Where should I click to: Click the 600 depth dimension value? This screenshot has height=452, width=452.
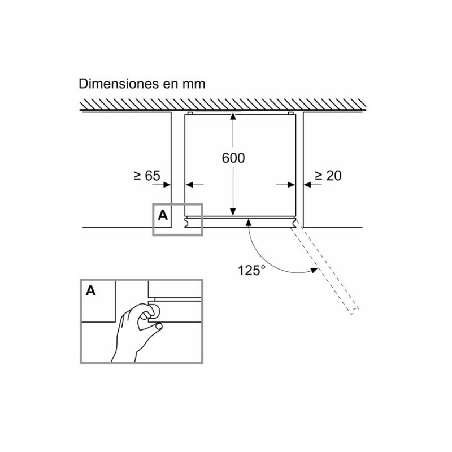tap(233, 158)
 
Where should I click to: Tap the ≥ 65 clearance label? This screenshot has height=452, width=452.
tap(146, 176)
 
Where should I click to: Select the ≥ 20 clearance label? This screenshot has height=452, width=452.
tap(328, 176)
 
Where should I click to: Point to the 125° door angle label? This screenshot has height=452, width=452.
tap(251, 270)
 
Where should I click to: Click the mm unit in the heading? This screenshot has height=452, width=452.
tap(193, 84)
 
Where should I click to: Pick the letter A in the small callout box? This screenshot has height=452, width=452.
tap(163, 215)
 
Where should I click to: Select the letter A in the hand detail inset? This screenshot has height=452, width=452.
tap(90, 291)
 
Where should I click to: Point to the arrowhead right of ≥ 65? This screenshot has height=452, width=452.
tap(167, 184)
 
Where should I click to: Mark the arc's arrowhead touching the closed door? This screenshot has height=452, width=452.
tap(247, 224)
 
